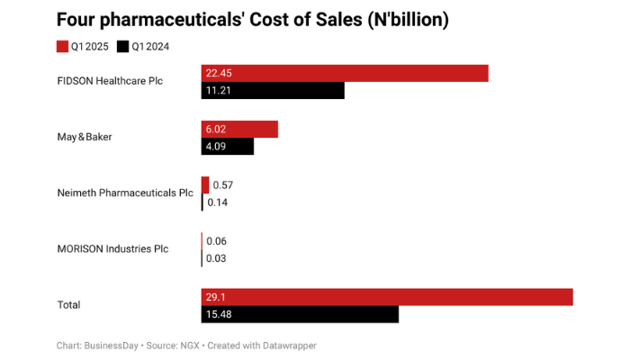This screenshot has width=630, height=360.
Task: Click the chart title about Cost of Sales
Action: [253, 19]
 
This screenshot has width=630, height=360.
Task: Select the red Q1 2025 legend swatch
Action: [62, 46]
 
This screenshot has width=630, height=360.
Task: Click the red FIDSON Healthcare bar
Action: [344, 74]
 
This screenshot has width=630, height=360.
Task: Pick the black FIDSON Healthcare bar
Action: [273, 91]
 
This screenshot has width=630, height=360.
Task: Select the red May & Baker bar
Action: [239, 130]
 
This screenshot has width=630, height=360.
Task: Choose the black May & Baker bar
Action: [228, 147]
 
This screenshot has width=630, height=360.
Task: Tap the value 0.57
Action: [223, 185]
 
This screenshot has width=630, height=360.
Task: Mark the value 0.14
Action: [218, 202]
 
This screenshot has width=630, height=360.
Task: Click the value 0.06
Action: [216, 241]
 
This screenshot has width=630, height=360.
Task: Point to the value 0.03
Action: [216, 258]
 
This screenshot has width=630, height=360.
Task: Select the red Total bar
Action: [387, 297]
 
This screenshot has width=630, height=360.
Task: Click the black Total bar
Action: [300, 314]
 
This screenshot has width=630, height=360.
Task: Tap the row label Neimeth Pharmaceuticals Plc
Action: [125, 193]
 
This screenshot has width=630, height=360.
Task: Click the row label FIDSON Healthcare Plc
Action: [111, 81]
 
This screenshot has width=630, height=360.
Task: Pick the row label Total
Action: [68, 305]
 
